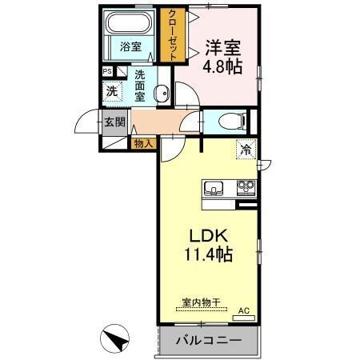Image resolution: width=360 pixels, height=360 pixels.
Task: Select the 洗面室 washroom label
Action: [x=140, y=85]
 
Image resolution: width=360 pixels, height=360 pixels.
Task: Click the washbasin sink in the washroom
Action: [x=163, y=94]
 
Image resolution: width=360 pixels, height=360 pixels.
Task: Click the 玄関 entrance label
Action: [x=113, y=122]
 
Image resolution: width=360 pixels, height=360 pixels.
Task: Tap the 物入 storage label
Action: [x=142, y=143]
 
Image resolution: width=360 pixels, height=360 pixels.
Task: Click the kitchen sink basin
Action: [x=214, y=189]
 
